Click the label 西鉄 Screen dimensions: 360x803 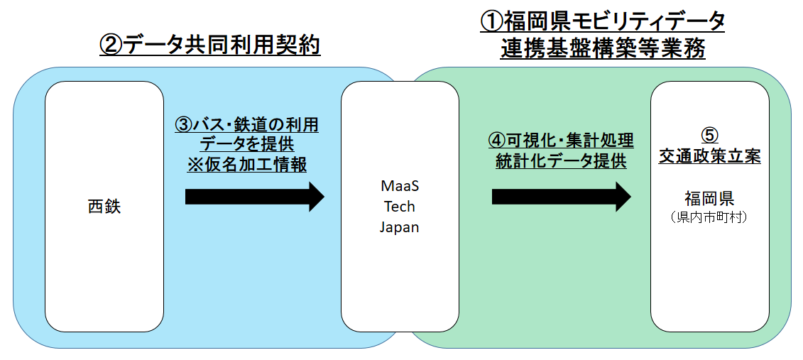tap(104, 207)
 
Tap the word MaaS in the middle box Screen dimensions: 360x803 tap(400, 185)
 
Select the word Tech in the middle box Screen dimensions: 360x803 tap(400, 207)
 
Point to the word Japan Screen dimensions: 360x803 tap(400, 227)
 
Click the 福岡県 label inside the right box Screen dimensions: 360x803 tap(709, 197)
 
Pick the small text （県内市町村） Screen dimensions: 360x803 tap(709, 217)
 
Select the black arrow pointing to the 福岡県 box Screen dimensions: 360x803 tap(561, 196)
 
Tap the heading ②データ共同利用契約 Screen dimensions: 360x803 tap(210, 46)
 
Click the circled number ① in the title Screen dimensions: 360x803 tap(491, 21)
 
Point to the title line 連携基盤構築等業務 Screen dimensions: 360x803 tap(602, 49)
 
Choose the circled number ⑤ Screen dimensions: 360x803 tap(709, 135)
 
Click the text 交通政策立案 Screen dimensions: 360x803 tap(709, 156)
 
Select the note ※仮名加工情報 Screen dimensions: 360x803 tap(247, 165)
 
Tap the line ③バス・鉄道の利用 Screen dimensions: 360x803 tap(247, 126)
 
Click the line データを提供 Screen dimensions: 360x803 tap(247, 145)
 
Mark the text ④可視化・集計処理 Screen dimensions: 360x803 tap(560, 140)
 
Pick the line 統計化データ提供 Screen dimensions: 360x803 tap(560, 161)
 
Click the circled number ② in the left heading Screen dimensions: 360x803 tap(111, 46)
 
